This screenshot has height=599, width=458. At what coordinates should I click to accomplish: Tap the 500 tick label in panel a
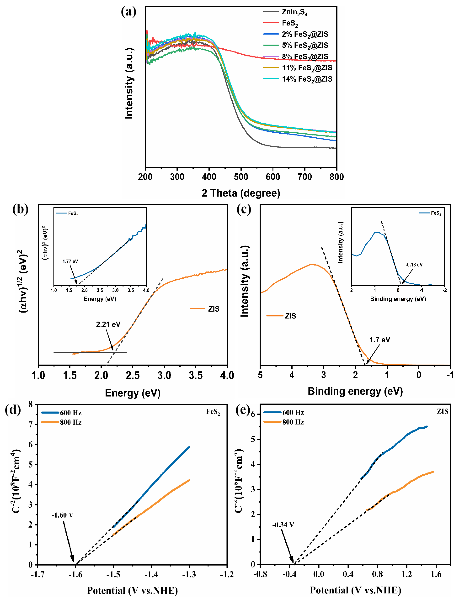[x=241, y=177]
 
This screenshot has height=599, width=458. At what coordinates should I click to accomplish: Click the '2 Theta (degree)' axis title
[x=241, y=193]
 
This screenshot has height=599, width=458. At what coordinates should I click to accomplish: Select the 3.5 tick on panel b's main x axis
[x=196, y=376]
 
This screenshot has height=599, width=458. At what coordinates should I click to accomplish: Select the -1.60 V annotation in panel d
[x=62, y=515]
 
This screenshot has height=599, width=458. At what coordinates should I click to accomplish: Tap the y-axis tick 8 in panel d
[x=31, y=405]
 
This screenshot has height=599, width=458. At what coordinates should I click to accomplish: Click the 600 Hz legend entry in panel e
[x=293, y=412]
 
